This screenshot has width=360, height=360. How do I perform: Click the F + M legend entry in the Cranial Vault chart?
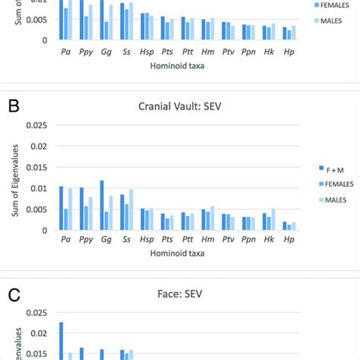pyautogui.click(x=333, y=166)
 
